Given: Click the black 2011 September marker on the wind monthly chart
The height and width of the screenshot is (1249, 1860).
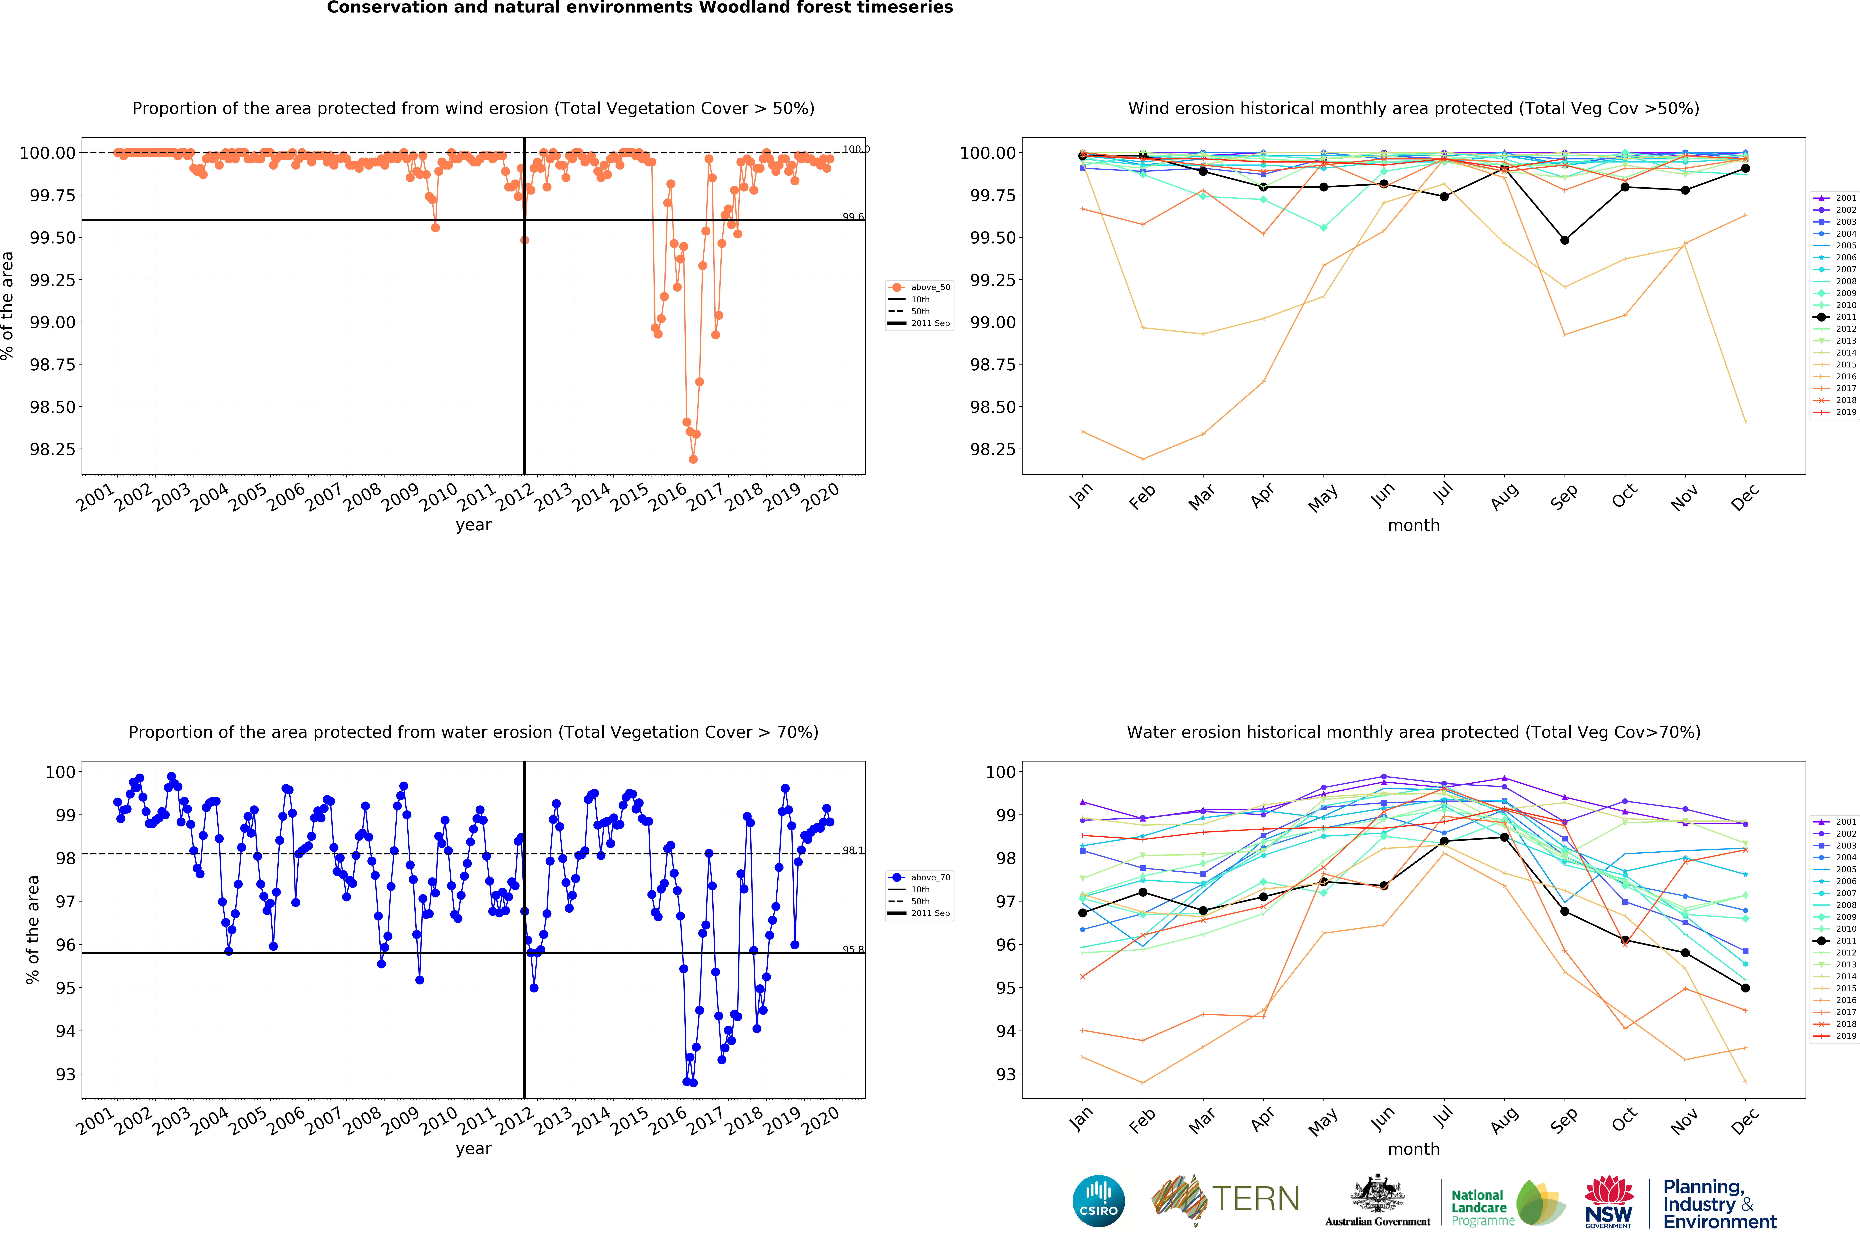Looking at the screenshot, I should (x=1564, y=240).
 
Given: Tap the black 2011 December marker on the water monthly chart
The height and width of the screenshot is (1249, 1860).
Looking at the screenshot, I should (x=1745, y=988).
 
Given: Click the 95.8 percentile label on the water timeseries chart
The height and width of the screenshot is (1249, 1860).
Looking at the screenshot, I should (x=853, y=949).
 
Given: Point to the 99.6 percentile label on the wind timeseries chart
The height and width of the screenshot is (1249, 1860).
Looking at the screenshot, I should (x=853, y=217).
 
